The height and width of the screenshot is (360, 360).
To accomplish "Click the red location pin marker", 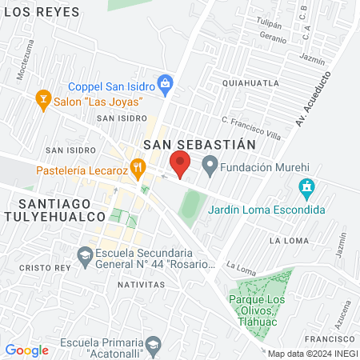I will point(180,164).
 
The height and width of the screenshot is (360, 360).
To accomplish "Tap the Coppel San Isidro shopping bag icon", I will point(165,82).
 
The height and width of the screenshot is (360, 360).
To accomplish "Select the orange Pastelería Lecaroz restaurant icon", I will point(138,168).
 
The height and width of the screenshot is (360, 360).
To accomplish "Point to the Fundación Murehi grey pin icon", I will point(210,167).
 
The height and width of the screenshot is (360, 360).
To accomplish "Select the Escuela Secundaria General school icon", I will point(84,257).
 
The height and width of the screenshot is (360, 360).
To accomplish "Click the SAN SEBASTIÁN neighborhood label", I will point(199,145).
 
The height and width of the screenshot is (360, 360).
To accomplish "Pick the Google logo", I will point(26,350).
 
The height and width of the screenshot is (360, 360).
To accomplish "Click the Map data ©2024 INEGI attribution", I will point(312,354).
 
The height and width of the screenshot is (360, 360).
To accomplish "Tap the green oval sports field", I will point(190,206).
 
